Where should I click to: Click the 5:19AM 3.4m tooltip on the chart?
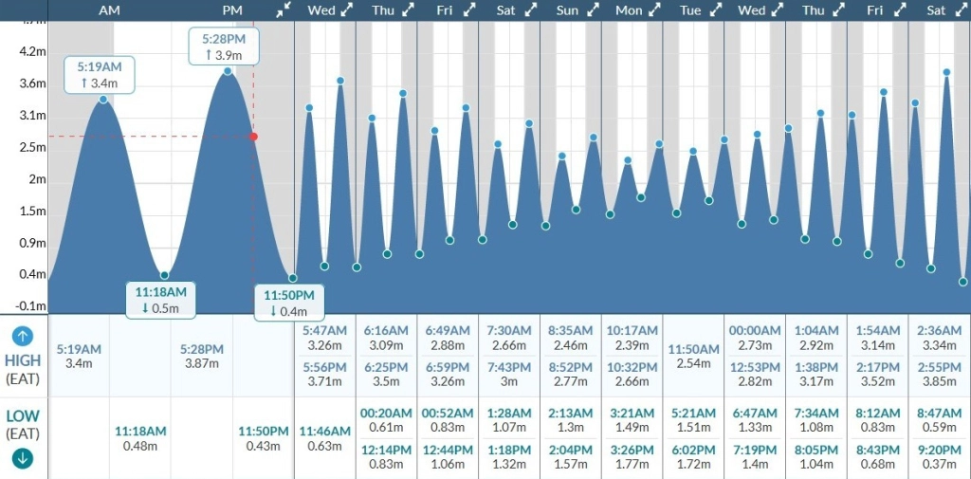point(100,75)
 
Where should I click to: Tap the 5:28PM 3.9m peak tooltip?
point(229,46)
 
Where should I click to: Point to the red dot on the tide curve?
point(253,137)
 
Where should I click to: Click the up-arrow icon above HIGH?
point(23,336)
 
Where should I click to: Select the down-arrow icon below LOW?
point(23,458)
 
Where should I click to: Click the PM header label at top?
point(232,9)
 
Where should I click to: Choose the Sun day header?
point(567,10)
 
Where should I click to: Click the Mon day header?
point(629,10)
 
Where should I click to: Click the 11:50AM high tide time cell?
point(694,350)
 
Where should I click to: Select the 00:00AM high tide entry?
point(755,330)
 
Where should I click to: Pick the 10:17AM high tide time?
point(632,330)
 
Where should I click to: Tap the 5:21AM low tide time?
point(694,413)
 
